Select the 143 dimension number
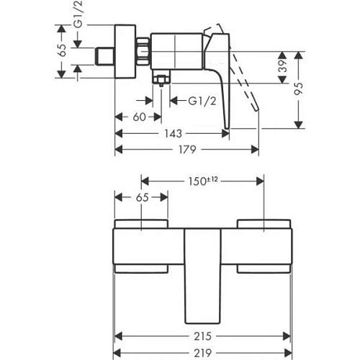(172, 133)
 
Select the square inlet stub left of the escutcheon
(105, 54)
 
